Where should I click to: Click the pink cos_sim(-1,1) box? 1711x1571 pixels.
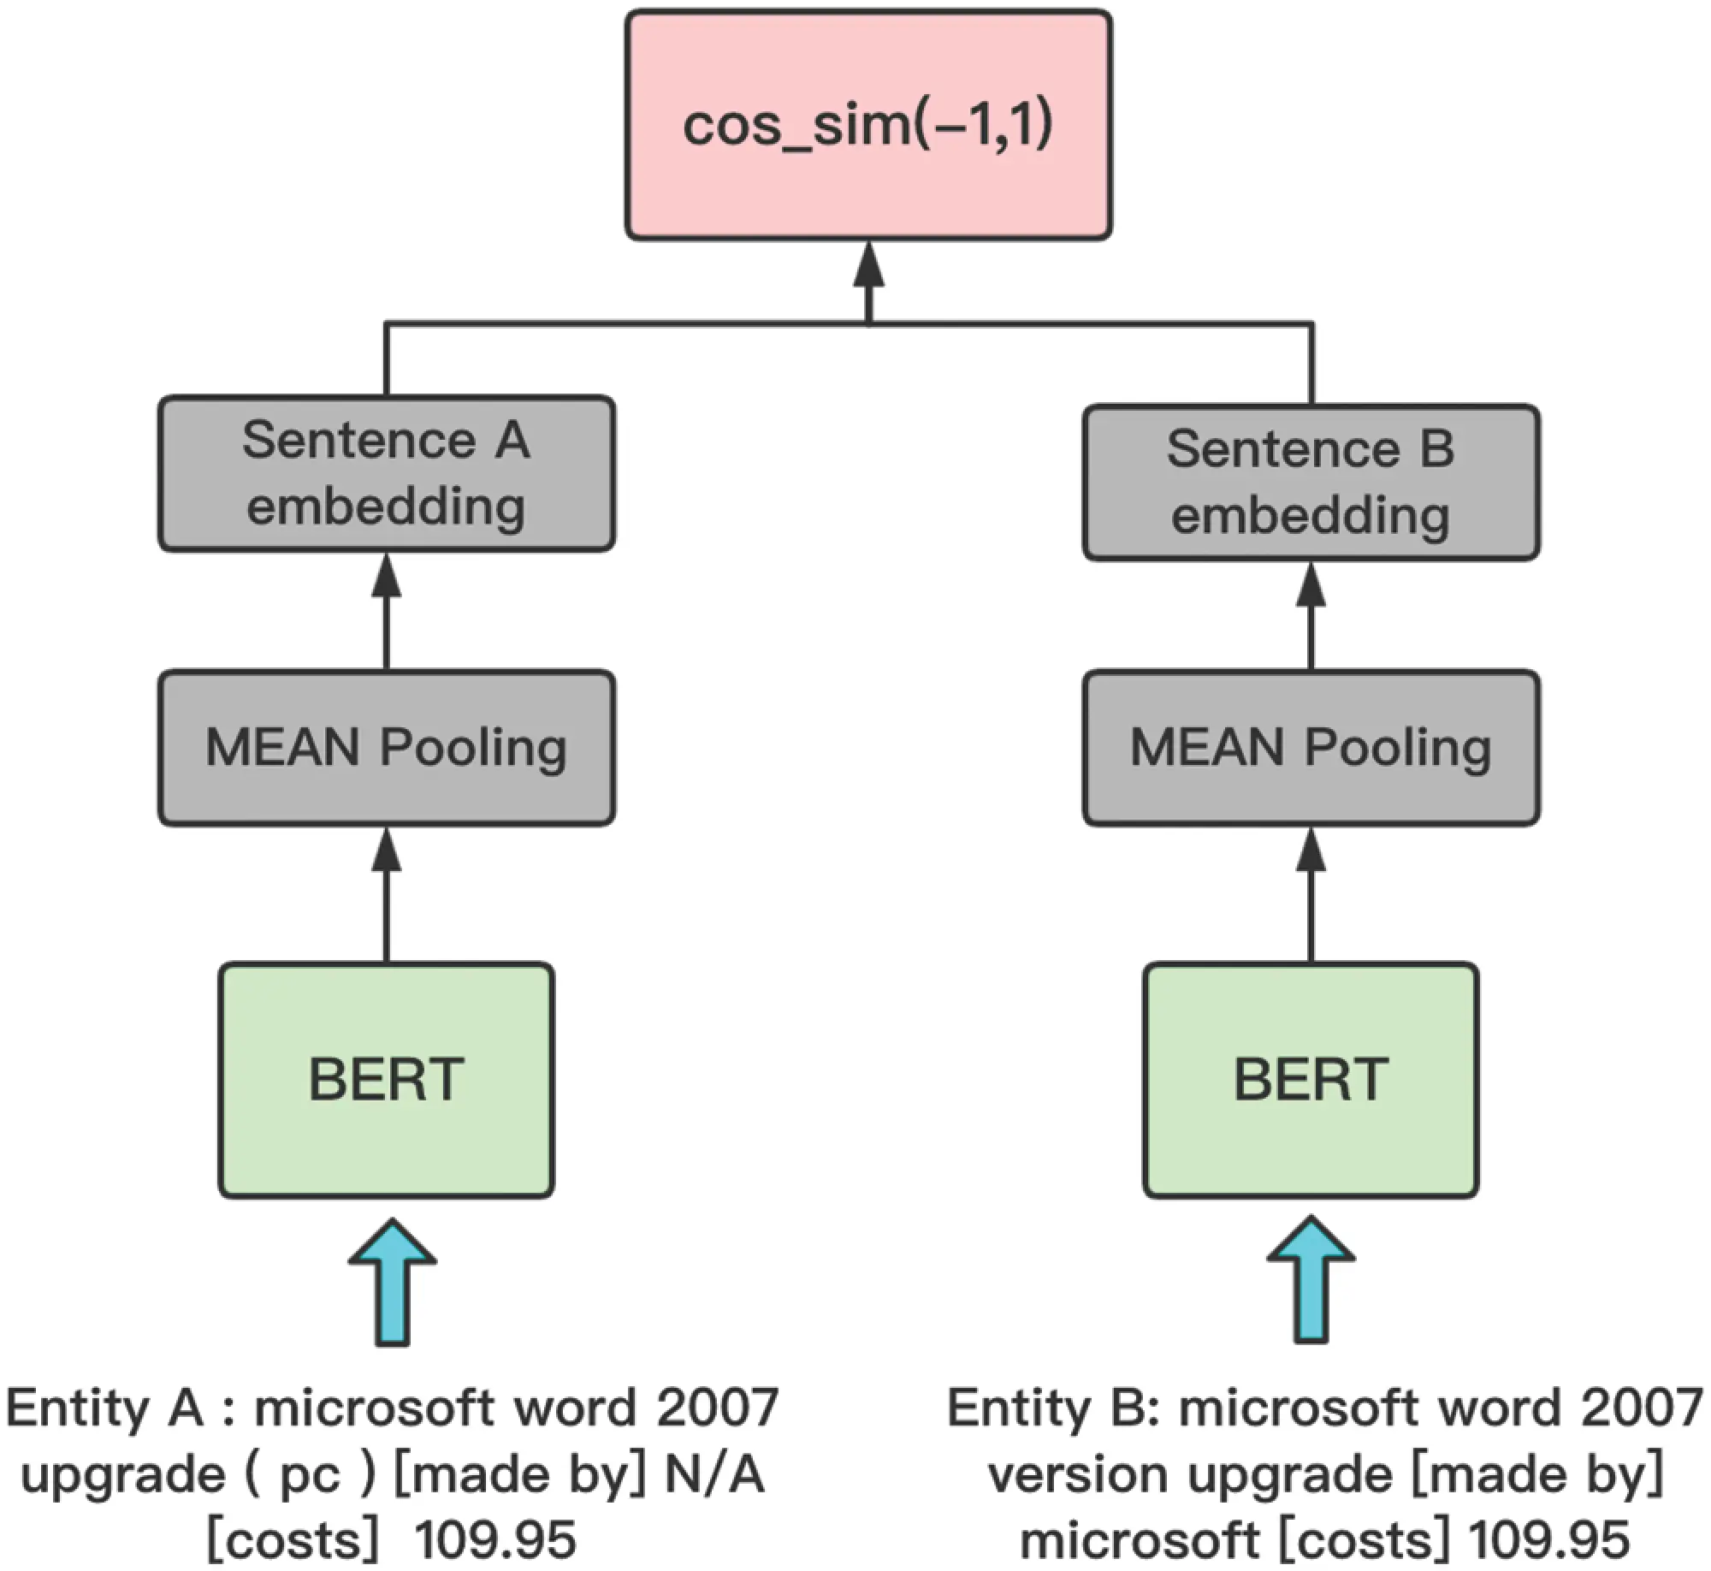point(868,125)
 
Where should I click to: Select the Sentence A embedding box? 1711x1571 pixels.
point(387,473)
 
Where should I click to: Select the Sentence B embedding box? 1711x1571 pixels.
point(1311,483)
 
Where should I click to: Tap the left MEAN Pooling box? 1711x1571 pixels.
point(387,748)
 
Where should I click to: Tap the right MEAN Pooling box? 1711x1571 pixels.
point(1311,748)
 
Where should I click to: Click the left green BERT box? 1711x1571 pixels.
point(387,1080)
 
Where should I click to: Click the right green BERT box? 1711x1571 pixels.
point(1311,1080)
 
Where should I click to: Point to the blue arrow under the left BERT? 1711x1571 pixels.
point(393,1282)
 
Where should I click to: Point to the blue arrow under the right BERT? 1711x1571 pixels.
point(1311,1282)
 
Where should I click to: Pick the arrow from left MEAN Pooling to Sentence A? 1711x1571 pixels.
point(387,611)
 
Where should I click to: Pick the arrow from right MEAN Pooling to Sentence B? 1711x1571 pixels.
point(1311,616)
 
